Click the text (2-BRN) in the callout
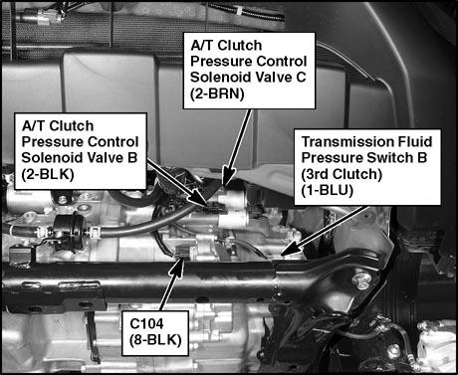tap(217, 94)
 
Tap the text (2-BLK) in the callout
tap(48, 174)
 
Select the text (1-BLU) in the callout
tap(328, 190)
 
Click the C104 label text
tap(146, 323)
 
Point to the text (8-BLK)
tap(155, 340)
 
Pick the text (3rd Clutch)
tap(342, 174)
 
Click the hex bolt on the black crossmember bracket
tap(361, 281)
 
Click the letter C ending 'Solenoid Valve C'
tap(300, 78)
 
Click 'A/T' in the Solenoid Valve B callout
tap(33, 126)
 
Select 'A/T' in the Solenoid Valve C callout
tap(202, 46)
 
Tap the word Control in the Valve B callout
tap(111, 142)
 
